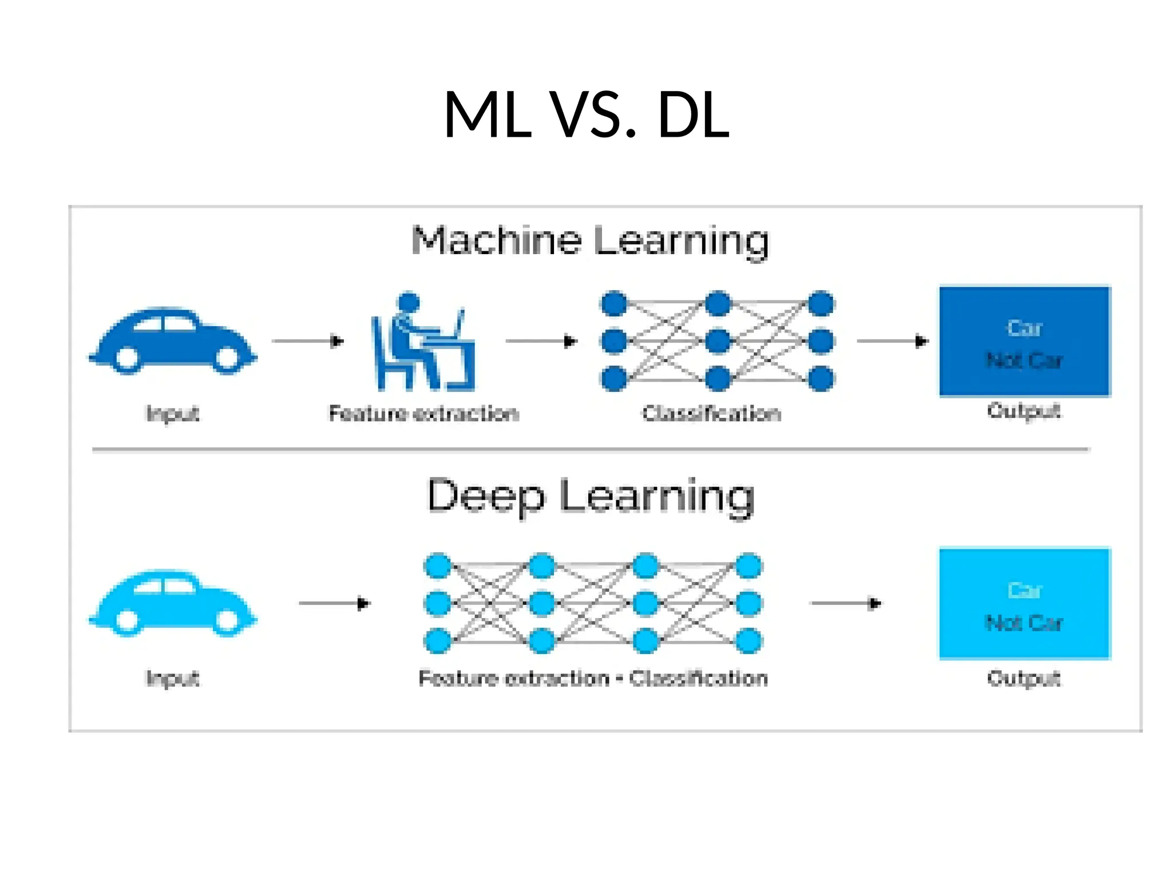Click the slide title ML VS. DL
[586, 114]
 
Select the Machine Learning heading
[590, 240]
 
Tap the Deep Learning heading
[590, 496]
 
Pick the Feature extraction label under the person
[423, 413]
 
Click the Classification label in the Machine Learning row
[711, 413]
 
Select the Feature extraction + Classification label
[593, 678]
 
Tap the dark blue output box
[1024, 342]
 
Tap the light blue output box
[1024, 604]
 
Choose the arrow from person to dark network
[541, 342]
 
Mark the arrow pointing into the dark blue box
[892, 342]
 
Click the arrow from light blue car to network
[335, 603]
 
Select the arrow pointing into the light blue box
[846, 603]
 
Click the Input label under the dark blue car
[173, 413]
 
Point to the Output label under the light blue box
[1024, 678]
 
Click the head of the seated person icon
[409, 302]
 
